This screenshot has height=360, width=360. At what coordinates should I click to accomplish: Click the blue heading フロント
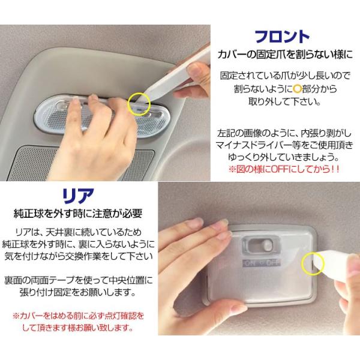pos(282,37)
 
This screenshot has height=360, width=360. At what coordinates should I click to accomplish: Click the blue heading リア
pos(78,196)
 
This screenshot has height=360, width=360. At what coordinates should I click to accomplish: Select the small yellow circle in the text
pos(297,89)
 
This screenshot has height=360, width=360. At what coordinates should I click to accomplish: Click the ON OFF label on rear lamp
pos(262,263)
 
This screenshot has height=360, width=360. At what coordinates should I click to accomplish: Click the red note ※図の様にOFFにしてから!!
pos(284,169)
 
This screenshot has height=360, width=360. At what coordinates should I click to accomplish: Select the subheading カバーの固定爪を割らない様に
pos(285,55)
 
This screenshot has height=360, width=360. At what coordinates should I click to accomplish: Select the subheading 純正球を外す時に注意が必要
pos(78,213)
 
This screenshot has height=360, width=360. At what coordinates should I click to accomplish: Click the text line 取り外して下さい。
pos(284,101)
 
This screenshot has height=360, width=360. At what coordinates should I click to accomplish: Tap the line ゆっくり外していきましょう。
pos(284,157)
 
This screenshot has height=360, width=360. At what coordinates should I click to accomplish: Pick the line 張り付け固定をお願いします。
pos(77,292)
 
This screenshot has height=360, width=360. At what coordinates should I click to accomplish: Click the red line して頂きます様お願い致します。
pos(78,328)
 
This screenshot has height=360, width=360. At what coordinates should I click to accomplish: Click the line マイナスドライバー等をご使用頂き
pos(284,145)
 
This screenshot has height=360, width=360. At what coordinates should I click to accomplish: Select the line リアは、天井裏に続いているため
pos(78,232)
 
